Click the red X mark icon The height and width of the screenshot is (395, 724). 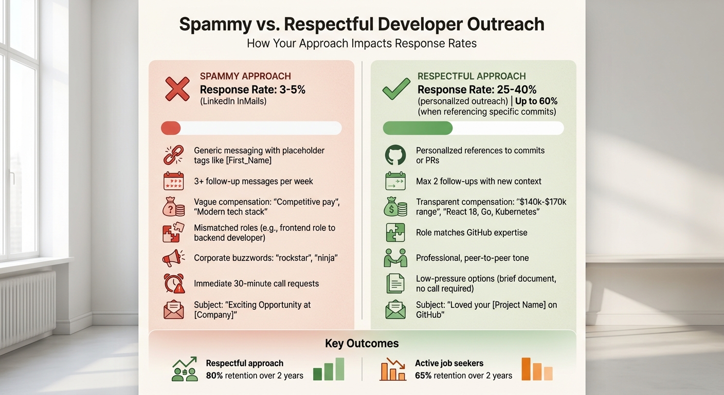pos(177,88)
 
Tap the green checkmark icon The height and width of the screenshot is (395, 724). pos(396,88)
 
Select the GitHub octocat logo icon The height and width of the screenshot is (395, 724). pos(395,155)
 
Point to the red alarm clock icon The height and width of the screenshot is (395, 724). pos(174,283)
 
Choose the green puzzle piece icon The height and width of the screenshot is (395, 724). pos(395,232)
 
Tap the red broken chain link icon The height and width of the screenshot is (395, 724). pos(174,155)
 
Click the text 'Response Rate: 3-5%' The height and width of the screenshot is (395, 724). pos(252,89)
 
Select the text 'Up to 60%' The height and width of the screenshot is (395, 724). pos(536,101)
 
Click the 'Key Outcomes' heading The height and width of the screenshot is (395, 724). pos(361,343)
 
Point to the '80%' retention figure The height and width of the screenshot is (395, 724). pos(214,375)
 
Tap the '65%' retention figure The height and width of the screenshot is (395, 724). pos(424,375)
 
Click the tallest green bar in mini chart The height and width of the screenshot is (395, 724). pos(340,369)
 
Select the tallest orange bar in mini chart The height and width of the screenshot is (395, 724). pos(526,369)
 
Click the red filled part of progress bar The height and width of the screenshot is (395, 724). pos(171,128)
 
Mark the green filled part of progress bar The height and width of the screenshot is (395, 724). pos(418,128)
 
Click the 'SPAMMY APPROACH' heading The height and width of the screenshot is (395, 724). pos(245,76)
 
